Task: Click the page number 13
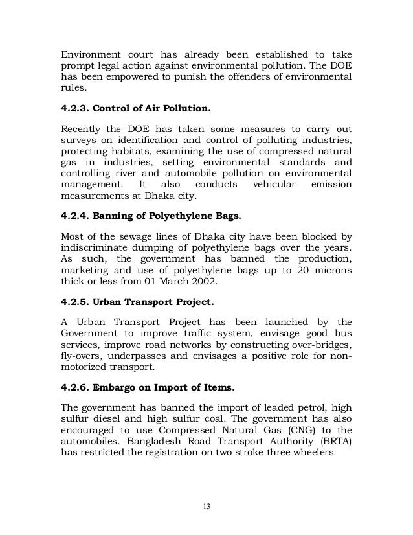pos(206,506)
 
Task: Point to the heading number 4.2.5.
pos(76,303)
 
